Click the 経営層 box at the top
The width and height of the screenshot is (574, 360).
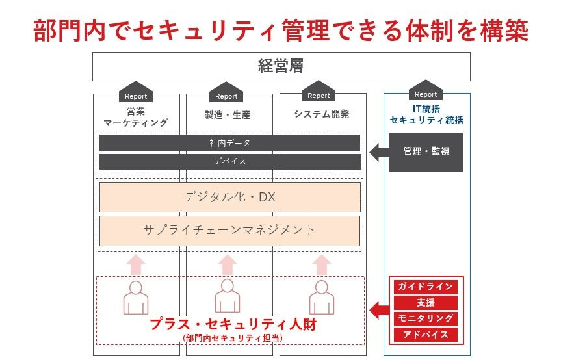click(x=281, y=66)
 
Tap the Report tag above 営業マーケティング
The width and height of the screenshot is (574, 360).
click(x=136, y=95)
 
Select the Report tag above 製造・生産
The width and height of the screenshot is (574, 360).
click(x=226, y=95)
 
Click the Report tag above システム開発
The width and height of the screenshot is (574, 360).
click(x=319, y=95)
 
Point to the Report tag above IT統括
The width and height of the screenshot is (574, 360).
click(x=426, y=94)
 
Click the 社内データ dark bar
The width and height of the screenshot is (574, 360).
click(x=229, y=143)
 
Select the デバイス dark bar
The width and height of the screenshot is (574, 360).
click(x=229, y=161)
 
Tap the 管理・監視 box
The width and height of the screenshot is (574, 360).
click(x=426, y=152)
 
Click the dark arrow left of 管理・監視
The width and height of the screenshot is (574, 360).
click(x=378, y=152)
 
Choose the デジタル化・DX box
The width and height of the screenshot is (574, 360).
click(x=229, y=197)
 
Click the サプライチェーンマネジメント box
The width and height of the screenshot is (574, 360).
click(x=229, y=230)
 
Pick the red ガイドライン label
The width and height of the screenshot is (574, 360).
click(x=426, y=287)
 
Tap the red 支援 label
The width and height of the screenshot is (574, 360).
click(x=426, y=303)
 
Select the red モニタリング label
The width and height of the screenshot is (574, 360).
click(x=426, y=318)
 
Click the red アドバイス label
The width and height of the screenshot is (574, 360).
click(x=426, y=335)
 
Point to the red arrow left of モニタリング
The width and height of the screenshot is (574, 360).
click(x=379, y=311)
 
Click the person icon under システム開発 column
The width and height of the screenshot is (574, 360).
click(x=321, y=298)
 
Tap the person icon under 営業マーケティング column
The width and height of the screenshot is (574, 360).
click(x=136, y=298)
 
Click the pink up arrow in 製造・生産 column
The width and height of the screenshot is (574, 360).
click(x=227, y=264)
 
